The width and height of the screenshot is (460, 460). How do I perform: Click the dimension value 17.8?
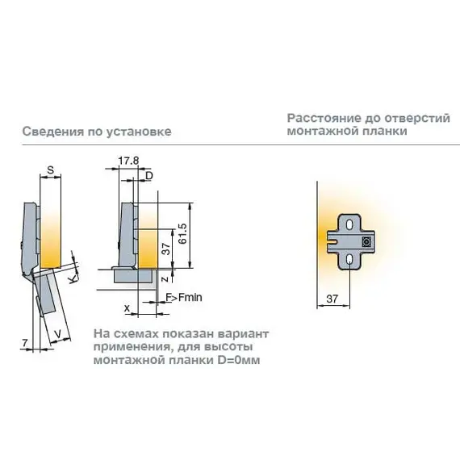[x=128, y=161]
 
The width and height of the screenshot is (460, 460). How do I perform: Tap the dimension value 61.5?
[x=182, y=234]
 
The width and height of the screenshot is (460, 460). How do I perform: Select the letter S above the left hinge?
[x=51, y=169]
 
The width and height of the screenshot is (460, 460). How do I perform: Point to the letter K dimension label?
[x=73, y=278]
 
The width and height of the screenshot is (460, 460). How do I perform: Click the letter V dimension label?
[x=58, y=334]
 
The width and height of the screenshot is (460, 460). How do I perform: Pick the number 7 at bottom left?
[x=25, y=342]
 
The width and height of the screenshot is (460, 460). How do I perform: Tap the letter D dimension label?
[x=149, y=176]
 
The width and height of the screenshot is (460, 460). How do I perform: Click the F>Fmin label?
[x=184, y=298]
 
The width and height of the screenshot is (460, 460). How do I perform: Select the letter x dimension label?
[x=127, y=308]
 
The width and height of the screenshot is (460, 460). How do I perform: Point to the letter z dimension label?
[x=165, y=278]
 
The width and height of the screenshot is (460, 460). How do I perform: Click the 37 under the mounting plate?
[x=332, y=299]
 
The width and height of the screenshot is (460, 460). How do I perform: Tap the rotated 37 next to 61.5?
[x=166, y=249]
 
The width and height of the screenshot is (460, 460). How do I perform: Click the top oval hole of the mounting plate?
[x=349, y=224]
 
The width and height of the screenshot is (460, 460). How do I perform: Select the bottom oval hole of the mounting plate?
[x=349, y=259]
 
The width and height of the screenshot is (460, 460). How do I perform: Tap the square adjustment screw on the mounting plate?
[x=366, y=242]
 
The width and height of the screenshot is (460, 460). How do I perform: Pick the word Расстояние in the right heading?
[x=324, y=118]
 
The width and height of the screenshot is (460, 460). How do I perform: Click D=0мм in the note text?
[x=239, y=360]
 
